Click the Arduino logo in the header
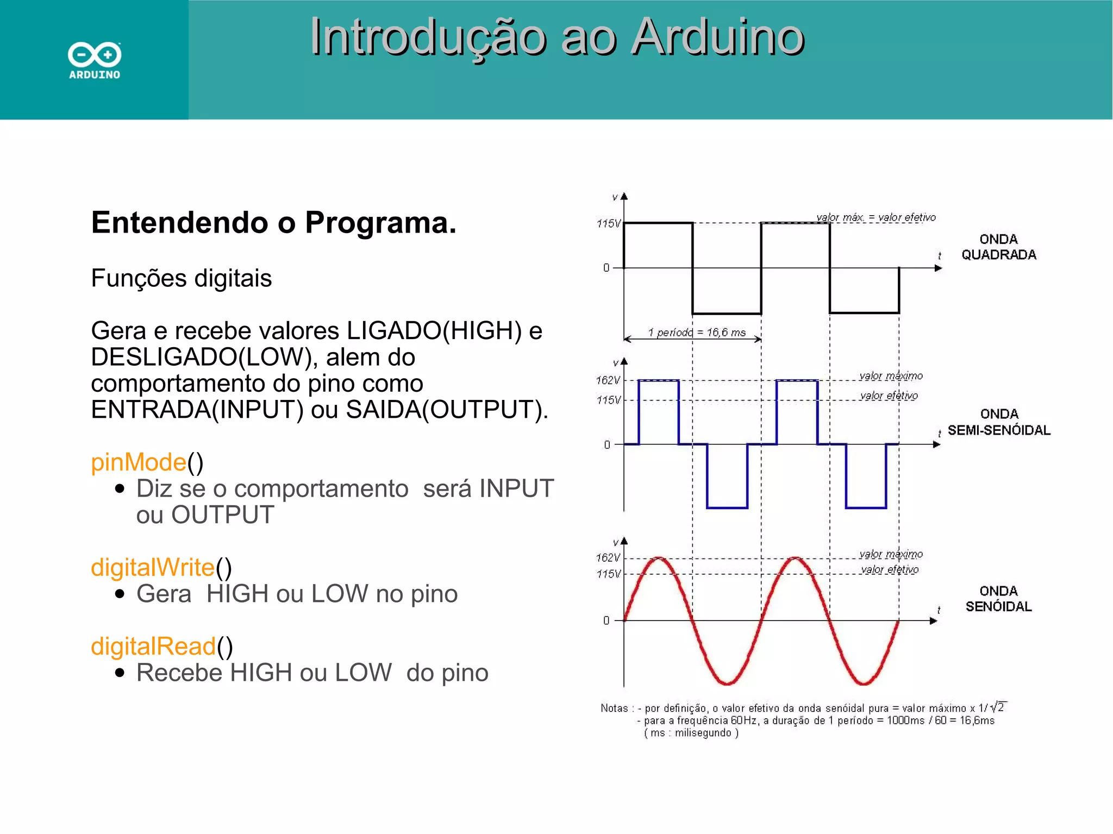coord(95,60)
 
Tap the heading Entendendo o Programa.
coord(273,223)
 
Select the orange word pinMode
coord(139,462)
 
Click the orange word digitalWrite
coord(153,567)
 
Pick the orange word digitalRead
coord(153,647)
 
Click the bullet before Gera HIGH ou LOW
coord(120,594)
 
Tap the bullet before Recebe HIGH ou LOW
coord(120,673)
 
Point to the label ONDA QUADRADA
coord(998,247)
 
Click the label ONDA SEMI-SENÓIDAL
coord(999,422)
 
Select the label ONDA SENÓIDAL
coord(998,599)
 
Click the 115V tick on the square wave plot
coord(608,223)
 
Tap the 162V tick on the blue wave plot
coord(608,380)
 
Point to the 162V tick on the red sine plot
coord(608,557)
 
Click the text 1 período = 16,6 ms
coord(697,333)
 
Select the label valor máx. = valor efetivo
coord(876,217)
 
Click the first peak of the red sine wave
coord(659,558)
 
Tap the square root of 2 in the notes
coord(998,707)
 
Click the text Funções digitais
coord(181,278)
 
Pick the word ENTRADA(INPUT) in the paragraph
coord(197,410)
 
